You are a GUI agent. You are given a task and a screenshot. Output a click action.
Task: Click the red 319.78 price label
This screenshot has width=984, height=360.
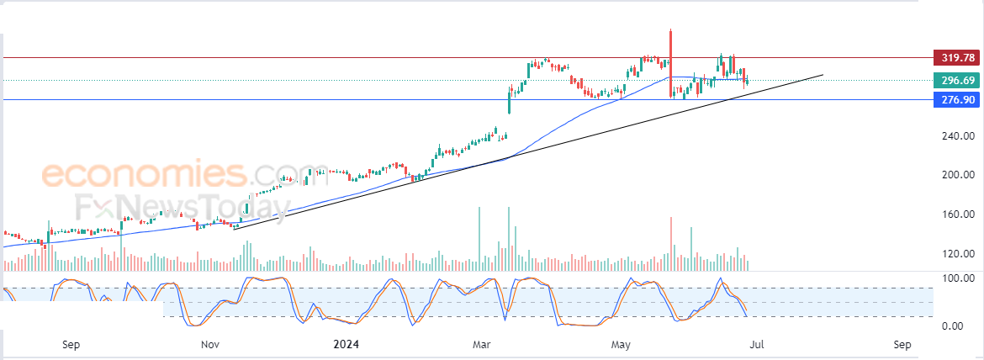click(957, 58)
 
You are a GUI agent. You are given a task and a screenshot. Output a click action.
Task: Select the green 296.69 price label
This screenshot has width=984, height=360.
click(957, 81)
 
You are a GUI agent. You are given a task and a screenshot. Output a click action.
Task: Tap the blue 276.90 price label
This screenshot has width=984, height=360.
click(957, 99)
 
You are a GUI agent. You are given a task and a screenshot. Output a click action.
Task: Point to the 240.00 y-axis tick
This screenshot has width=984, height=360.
click(957, 136)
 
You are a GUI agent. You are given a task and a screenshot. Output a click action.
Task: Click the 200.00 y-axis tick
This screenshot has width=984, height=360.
click(957, 175)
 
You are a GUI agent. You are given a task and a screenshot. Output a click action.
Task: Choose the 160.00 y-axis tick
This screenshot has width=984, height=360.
click(957, 214)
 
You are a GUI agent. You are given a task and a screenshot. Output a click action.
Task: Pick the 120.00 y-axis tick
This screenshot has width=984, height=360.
click(957, 253)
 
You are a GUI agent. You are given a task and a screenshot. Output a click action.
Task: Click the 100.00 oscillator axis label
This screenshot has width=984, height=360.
click(957, 278)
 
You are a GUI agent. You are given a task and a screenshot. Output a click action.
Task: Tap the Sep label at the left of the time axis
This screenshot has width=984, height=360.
click(71, 344)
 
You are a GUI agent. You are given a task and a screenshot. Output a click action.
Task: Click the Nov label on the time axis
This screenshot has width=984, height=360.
click(210, 344)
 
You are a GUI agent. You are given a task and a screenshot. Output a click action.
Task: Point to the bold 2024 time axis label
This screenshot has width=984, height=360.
click(347, 344)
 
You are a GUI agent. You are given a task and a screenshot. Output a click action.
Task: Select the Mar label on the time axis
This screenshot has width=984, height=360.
click(482, 344)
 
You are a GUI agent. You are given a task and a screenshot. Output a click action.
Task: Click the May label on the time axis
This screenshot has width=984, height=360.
click(621, 344)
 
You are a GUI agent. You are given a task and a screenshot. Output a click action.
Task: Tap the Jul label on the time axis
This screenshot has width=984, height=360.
click(758, 344)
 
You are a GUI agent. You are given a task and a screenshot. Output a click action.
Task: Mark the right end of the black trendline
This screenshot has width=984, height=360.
click(822, 75)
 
